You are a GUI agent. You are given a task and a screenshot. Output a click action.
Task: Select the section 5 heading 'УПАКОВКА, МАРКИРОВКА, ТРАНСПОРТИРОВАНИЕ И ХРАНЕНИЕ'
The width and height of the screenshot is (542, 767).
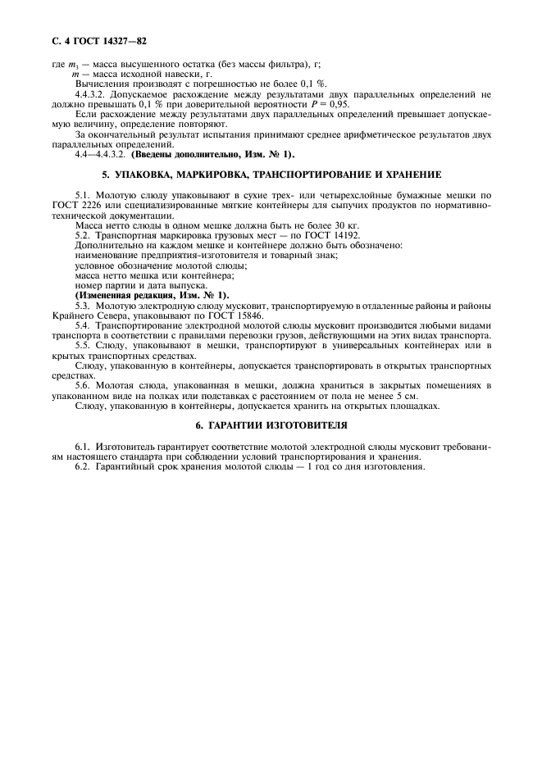pos(271,175)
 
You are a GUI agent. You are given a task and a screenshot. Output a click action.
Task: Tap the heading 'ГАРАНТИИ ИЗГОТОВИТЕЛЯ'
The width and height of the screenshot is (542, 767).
pos(278,425)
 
